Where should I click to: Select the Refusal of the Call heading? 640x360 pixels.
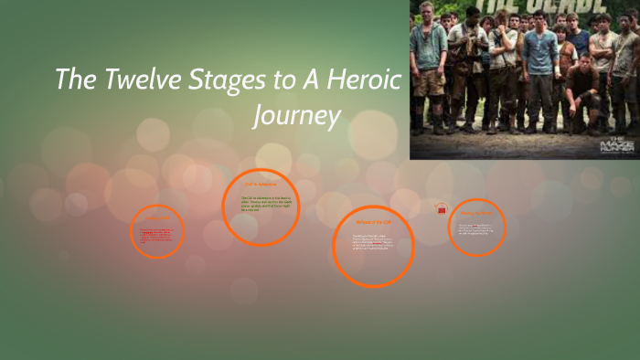click(372, 221)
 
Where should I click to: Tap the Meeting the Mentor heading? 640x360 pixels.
click(477, 213)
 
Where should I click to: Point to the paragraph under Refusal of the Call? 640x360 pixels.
click(374, 245)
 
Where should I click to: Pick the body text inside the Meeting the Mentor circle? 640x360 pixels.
click(477, 229)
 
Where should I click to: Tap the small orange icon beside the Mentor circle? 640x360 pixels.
click(442, 209)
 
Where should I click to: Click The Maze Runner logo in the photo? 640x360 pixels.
click(614, 144)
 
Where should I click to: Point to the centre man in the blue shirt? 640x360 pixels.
click(539, 64)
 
